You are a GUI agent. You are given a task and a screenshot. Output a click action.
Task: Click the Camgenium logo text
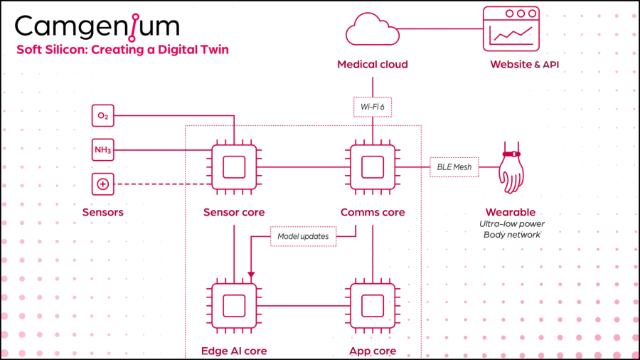97,26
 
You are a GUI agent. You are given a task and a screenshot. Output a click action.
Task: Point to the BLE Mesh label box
454,167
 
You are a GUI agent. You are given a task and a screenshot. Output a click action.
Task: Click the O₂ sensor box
103,115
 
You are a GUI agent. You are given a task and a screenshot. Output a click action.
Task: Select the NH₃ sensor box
103,150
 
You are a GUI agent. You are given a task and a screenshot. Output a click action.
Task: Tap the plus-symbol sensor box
103,184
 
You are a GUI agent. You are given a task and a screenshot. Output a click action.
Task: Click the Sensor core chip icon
234,167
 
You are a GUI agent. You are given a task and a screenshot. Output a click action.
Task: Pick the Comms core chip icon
372,167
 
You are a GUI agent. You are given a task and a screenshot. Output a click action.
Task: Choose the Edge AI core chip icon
234,307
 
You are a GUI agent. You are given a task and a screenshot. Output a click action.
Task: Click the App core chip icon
372,307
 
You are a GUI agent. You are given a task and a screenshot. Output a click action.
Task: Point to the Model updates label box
304,236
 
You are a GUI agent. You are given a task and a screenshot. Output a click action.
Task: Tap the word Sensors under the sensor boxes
103,212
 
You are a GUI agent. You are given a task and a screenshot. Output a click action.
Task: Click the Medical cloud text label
372,65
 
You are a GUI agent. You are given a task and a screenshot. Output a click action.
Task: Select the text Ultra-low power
512,224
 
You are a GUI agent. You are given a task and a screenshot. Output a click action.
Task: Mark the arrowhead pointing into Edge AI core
250,275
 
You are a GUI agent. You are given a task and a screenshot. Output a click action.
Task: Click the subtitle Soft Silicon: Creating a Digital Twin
122,50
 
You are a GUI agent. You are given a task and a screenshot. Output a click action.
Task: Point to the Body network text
512,235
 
